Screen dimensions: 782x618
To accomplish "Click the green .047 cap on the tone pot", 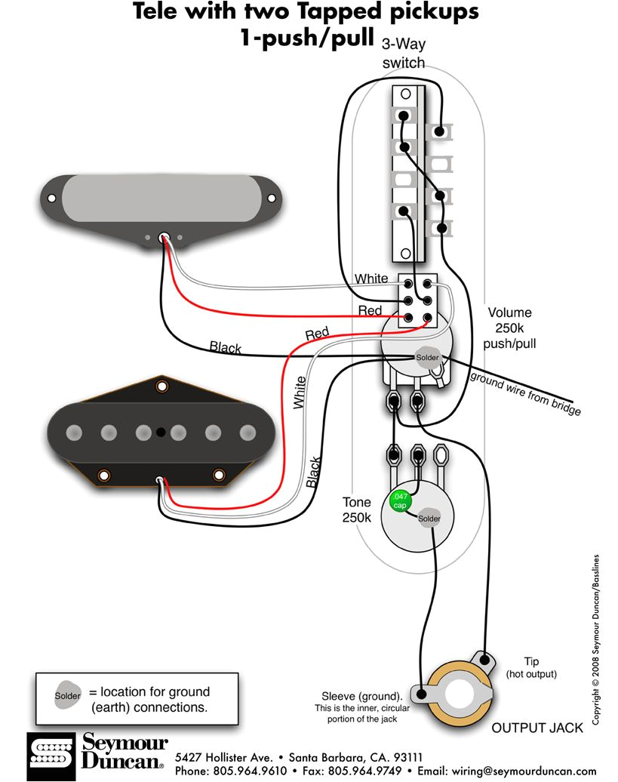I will click(398, 500).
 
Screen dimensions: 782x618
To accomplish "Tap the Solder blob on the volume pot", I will click(426, 356).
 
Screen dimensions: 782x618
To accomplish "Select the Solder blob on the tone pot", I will click(429, 519).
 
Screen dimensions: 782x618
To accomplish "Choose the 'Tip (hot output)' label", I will click(531, 667).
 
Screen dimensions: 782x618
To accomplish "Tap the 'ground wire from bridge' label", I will click(525, 393).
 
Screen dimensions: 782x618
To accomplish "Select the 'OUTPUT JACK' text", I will click(537, 728).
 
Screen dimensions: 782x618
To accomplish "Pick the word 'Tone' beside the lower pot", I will click(356, 502).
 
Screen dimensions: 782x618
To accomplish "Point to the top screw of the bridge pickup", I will click(161, 386).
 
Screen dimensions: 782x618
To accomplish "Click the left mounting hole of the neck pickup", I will click(51, 199).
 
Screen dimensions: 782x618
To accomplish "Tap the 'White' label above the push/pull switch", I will click(371, 279).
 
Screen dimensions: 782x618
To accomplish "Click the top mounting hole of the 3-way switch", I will click(405, 94).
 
